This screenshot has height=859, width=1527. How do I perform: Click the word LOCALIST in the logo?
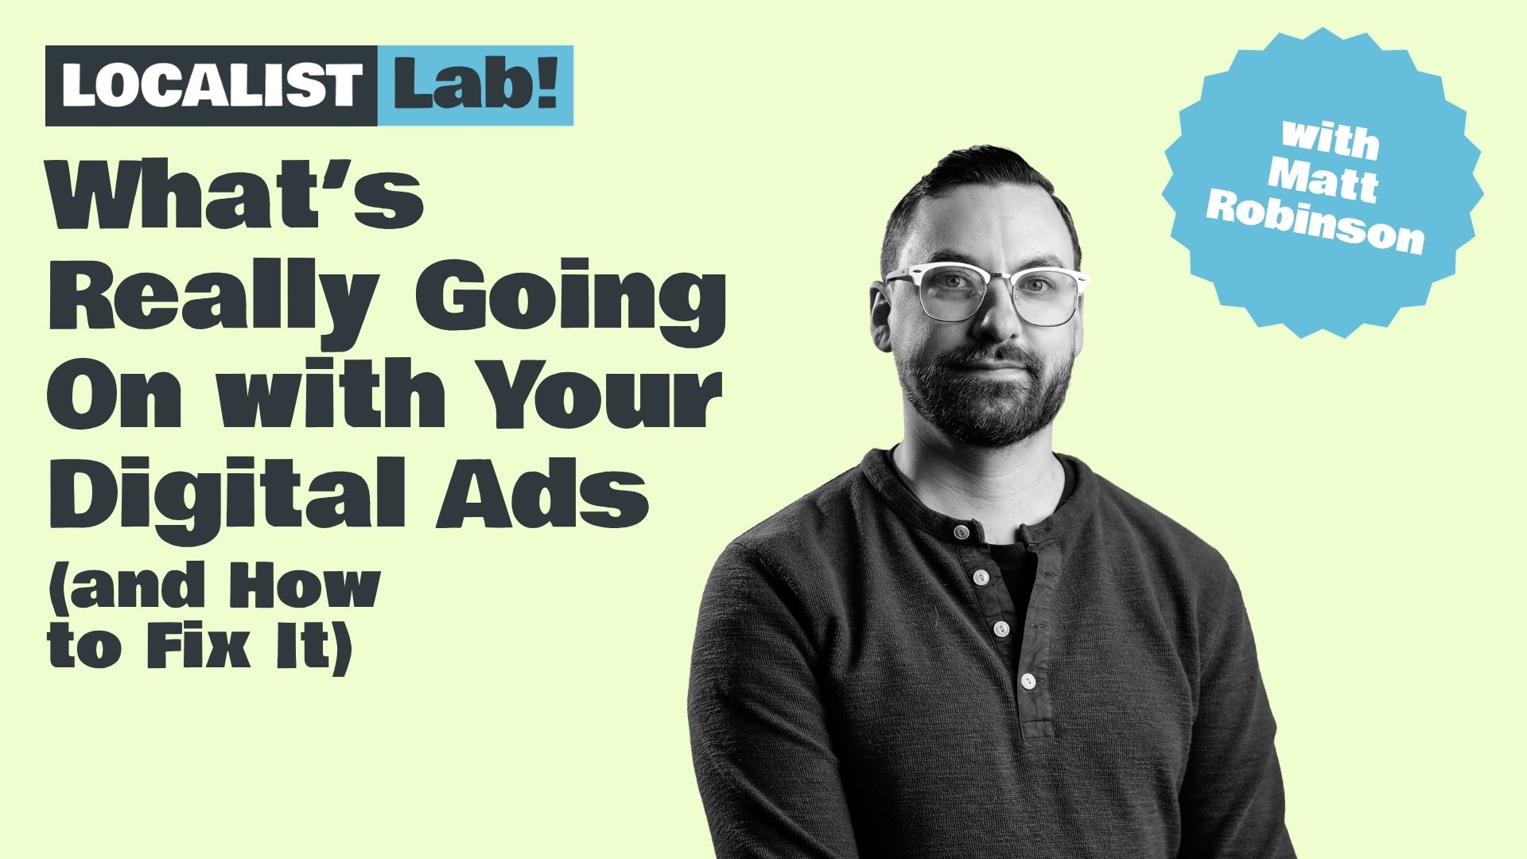[x=212, y=86]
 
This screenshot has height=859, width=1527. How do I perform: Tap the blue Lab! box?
[x=476, y=86]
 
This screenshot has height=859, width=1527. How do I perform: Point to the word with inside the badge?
[x=1330, y=140]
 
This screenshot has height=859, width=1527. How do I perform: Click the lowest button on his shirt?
[x=1028, y=681]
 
